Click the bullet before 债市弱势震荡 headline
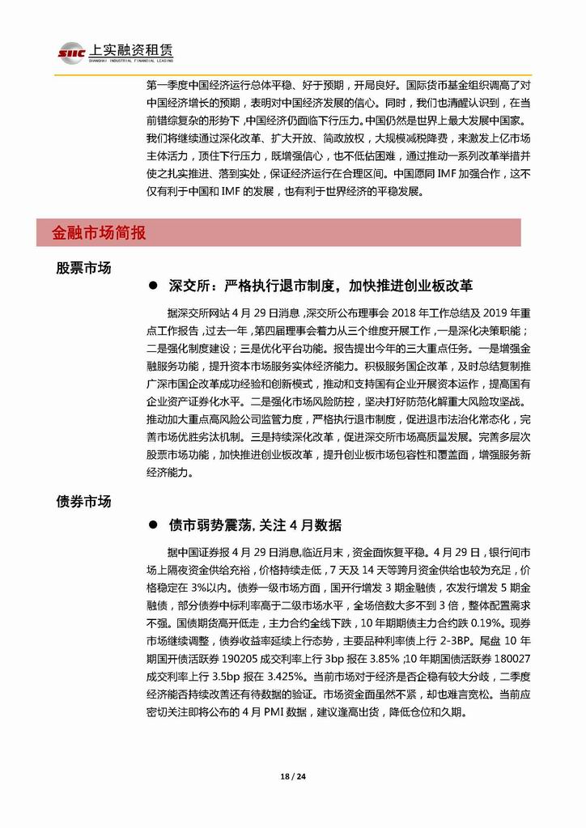coord(151,525)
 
